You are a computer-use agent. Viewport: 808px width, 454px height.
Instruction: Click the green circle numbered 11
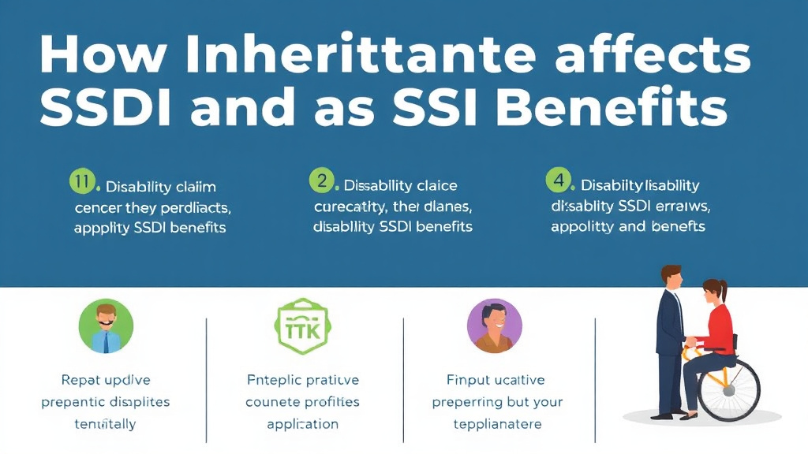(82, 182)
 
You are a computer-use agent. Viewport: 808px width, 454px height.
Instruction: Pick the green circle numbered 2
(322, 180)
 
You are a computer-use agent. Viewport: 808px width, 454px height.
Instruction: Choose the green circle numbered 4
(559, 180)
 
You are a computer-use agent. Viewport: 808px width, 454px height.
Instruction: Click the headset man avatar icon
(107, 326)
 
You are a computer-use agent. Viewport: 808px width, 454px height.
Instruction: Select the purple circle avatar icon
(495, 326)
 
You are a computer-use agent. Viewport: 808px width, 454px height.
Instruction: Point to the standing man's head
(672, 277)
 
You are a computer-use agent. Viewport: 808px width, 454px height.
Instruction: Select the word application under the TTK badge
(303, 424)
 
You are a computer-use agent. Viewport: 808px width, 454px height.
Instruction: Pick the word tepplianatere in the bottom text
(498, 424)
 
